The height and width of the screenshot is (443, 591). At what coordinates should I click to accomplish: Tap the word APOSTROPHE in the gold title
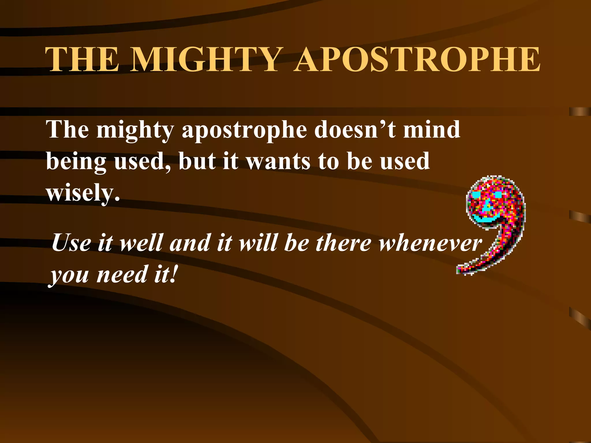point(417,59)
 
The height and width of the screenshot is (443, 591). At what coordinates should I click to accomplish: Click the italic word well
point(141,243)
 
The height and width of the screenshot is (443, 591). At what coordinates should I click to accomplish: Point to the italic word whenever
point(430,243)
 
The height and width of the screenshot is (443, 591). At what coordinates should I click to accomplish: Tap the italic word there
point(343,243)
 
